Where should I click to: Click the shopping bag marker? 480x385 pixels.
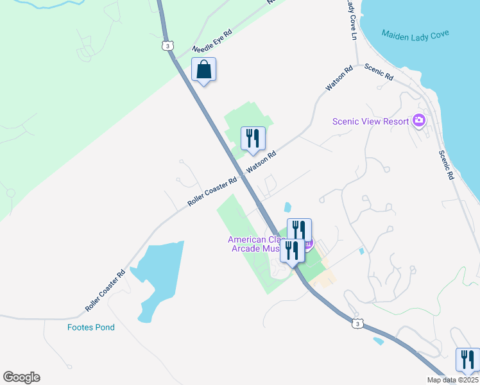[x=203, y=69]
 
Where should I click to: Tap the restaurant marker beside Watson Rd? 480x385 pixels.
[x=253, y=138]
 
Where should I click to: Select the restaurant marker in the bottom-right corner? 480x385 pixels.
[x=467, y=359]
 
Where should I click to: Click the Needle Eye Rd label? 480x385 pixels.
[x=212, y=42]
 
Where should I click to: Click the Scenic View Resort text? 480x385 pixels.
[x=371, y=121]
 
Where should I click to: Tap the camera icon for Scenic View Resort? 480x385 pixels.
[x=419, y=120]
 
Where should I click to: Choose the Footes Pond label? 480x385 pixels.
[x=91, y=327]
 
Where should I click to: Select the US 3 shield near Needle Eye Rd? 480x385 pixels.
[x=167, y=46]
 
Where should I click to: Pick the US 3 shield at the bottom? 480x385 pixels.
[x=357, y=324]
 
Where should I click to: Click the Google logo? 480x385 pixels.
[x=21, y=377]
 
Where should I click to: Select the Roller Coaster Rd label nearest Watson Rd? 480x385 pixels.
[x=212, y=191]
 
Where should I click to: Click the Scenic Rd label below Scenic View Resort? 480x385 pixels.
[x=447, y=165]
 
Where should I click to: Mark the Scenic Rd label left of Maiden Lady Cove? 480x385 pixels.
[x=379, y=71]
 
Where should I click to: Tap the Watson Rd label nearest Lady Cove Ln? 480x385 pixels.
[x=339, y=78]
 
